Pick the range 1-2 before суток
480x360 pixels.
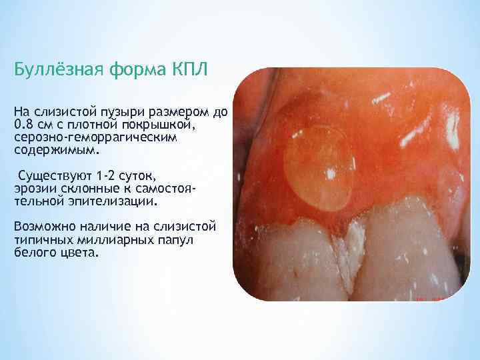click(110, 177)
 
